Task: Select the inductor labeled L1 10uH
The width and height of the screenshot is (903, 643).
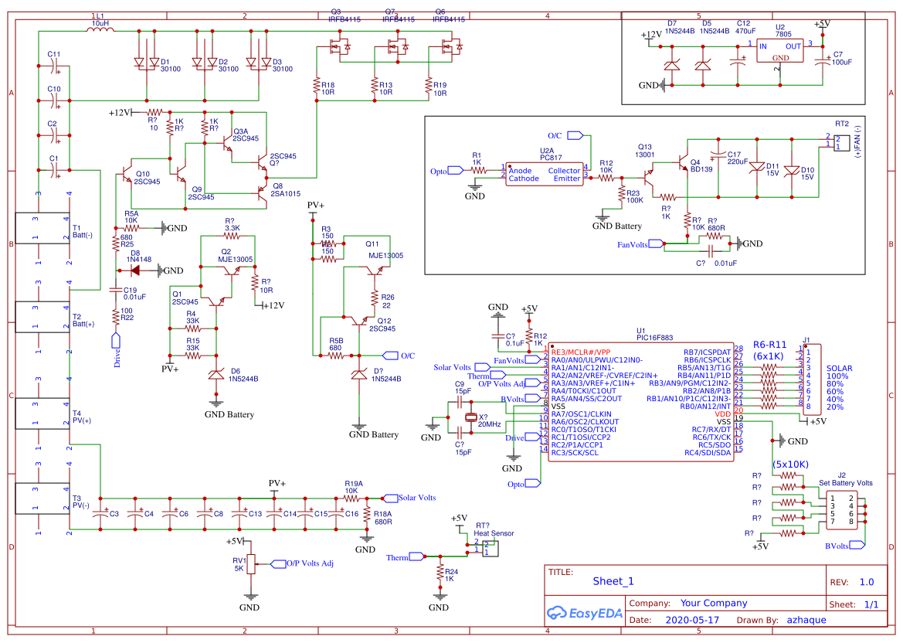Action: (x=99, y=30)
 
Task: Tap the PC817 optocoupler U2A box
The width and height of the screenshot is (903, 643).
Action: (x=544, y=174)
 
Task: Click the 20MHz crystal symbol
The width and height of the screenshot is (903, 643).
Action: (x=471, y=419)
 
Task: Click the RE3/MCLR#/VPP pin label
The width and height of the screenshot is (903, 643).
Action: (x=580, y=352)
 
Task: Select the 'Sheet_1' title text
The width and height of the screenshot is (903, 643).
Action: (x=613, y=581)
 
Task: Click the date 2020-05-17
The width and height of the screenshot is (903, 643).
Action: (x=691, y=620)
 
